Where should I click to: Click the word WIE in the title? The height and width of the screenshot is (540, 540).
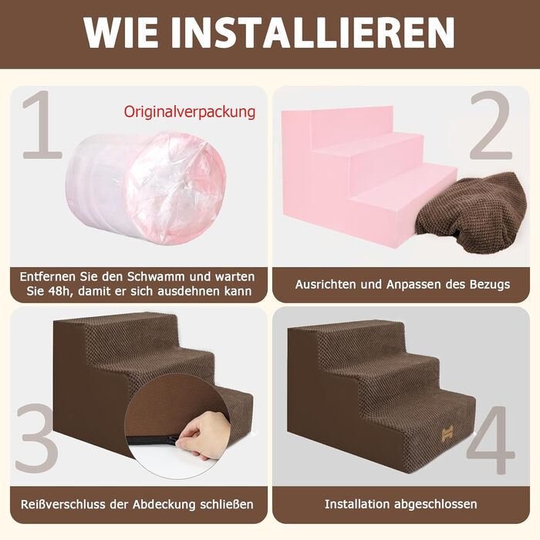point(120,32)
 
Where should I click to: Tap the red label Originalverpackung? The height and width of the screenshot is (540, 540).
point(190,113)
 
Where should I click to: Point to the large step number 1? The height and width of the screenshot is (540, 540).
point(42,125)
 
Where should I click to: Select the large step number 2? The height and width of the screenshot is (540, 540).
point(491,125)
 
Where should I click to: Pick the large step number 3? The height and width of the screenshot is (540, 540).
point(37,438)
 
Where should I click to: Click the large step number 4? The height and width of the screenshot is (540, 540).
point(491,440)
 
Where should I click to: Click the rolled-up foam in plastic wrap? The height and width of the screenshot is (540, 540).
point(146,188)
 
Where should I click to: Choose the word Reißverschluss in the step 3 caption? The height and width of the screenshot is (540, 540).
point(63,505)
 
